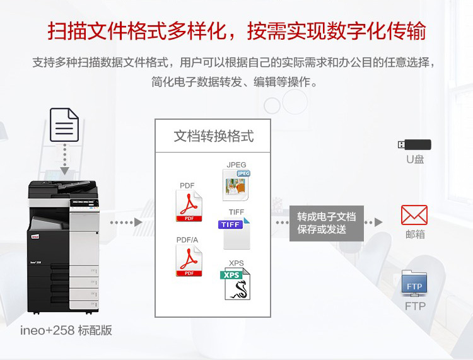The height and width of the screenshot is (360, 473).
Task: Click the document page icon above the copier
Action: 64,125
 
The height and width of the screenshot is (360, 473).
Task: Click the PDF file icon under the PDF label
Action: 189,206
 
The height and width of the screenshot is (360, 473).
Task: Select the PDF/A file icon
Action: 189,260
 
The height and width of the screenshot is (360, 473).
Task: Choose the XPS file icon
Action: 236,284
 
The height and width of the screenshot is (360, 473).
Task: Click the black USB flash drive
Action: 414,144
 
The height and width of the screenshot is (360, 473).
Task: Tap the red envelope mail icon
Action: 414,215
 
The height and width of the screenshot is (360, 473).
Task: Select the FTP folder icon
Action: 414,284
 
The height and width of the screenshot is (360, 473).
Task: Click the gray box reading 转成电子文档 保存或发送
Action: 326,223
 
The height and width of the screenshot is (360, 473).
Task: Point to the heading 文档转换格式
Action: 213,136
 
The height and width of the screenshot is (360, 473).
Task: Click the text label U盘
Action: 415,160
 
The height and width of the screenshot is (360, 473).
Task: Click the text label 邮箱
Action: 415,234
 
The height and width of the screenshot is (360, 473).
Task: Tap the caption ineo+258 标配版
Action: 66,330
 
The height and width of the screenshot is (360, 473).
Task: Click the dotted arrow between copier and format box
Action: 126,223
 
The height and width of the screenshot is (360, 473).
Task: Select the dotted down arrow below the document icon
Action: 64,160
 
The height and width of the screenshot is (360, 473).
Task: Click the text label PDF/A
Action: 187,240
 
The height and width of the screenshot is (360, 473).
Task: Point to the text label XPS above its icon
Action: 236,263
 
